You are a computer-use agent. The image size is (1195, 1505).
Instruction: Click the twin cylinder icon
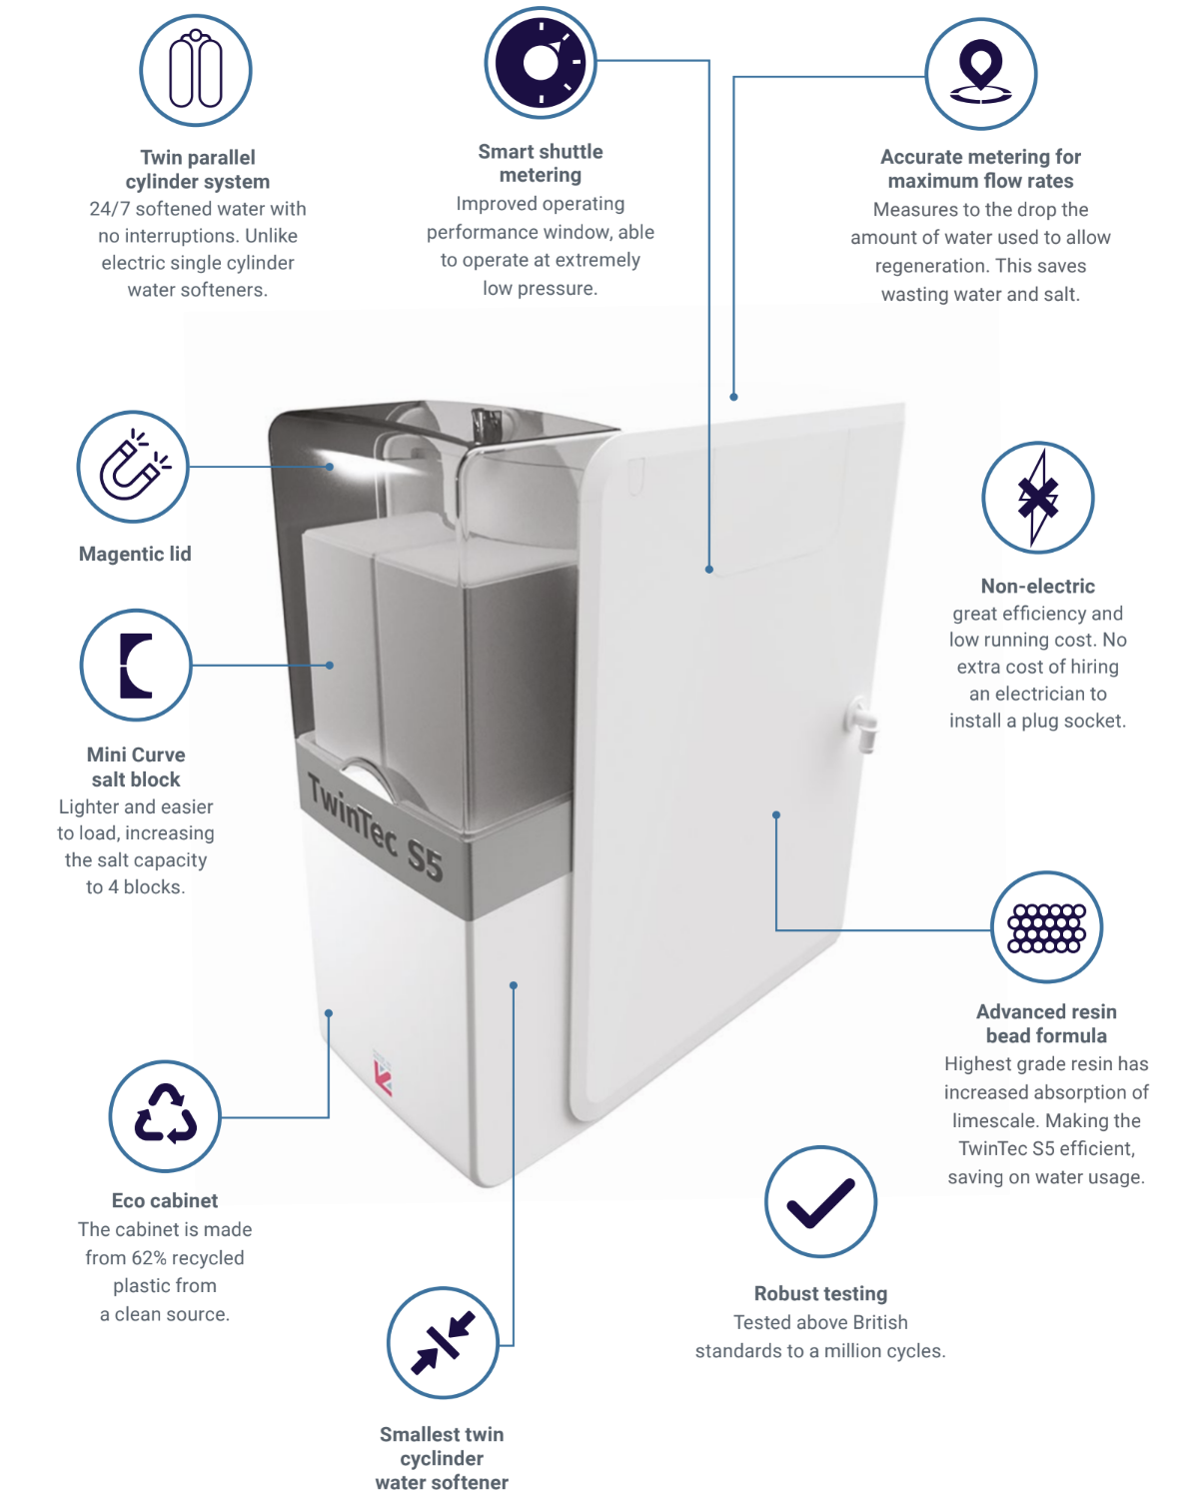coord(196,70)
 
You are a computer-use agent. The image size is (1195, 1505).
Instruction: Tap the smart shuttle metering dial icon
coord(541,63)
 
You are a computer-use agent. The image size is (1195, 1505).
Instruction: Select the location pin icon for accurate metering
coord(980,74)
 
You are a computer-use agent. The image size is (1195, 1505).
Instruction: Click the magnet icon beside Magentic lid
coord(133,467)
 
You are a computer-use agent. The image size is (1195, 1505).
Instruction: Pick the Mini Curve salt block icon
coord(136,666)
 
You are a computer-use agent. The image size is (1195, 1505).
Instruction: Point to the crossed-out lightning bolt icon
coord(1037,498)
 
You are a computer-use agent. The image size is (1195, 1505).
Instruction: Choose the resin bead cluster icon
coord(1046,927)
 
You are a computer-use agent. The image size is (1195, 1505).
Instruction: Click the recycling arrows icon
coord(165,1115)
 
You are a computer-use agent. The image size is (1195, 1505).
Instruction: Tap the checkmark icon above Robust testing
coord(820,1201)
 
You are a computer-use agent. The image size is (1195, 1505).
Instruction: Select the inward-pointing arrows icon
coord(442,1343)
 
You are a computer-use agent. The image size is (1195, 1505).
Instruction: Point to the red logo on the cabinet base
coord(383,1077)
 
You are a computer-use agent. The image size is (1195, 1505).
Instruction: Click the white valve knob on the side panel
coord(861,720)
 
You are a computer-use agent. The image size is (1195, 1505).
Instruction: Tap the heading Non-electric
coord(1037,587)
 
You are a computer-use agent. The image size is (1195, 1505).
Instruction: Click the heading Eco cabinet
coord(165,1201)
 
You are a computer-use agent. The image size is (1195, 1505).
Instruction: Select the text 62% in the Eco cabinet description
coord(149,1258)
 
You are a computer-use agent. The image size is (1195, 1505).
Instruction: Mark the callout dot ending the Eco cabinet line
coord(329,1013)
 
